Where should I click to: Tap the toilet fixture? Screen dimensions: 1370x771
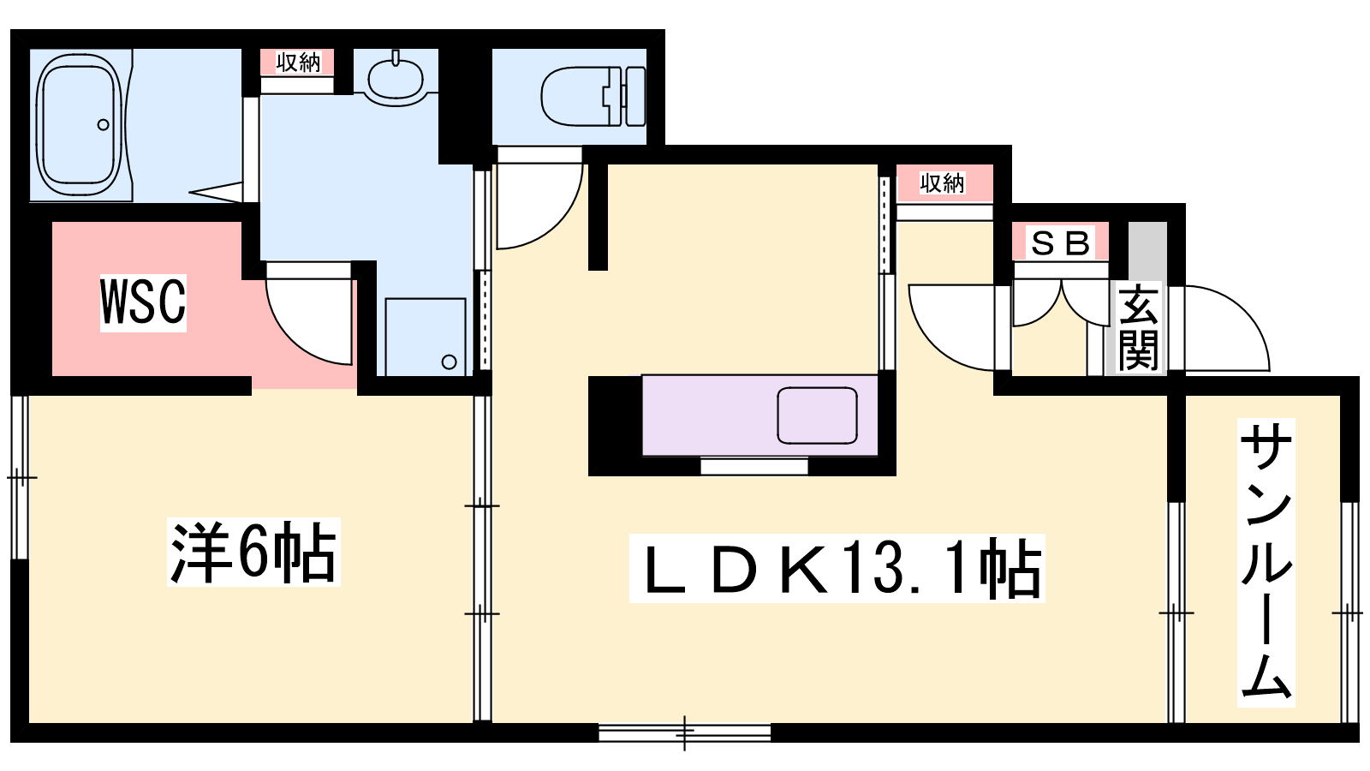tap(593, 96)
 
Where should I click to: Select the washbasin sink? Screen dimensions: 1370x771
tap(396, 79)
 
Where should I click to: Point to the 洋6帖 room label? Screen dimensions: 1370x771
tap(253, 552)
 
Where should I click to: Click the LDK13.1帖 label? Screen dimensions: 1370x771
tap(837, 568)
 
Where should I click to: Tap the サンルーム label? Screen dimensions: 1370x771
tap(1266, 562)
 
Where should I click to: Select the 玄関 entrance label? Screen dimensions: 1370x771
tap(1138, 326)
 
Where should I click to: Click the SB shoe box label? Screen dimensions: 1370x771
tap(1061, 242)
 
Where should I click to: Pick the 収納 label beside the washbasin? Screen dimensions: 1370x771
tap(297, 62)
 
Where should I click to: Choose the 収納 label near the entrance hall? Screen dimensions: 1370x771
tap(942, 182)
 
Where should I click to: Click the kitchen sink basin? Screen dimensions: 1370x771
tap(817, 415)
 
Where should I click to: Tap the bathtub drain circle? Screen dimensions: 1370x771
tap(104, 125)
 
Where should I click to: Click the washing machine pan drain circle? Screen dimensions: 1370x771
tap(449, 362)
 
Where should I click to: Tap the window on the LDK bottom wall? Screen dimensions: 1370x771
tap(684, 732)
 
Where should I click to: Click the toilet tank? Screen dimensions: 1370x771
tap(636, 96)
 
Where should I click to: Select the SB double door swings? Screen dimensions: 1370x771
tap(1061, 303)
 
